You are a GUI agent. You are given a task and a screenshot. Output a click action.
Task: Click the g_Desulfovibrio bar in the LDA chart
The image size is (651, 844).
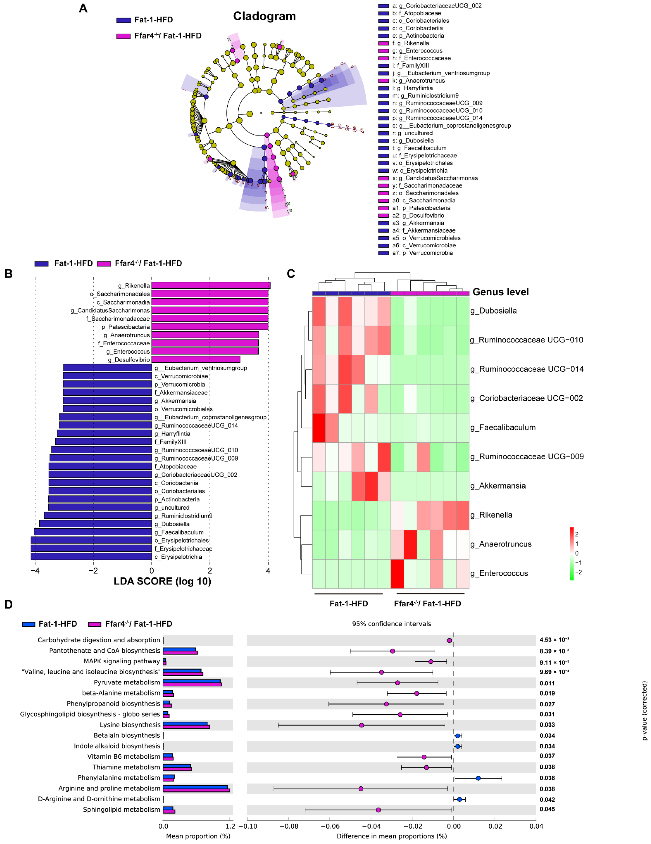click(x=196, y=359)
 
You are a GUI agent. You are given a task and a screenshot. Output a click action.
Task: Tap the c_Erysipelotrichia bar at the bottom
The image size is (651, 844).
click(x=91, y=556)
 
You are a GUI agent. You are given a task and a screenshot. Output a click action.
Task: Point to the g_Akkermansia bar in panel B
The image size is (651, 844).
click(x=107, y=401)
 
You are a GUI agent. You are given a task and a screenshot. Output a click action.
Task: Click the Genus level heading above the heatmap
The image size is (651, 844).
click(x=501, y=292)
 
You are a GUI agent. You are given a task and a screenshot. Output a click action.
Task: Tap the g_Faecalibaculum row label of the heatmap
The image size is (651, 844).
click(x=503, y=427)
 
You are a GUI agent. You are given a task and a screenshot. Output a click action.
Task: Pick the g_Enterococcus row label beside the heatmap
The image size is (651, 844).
click(x=499, y=573)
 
